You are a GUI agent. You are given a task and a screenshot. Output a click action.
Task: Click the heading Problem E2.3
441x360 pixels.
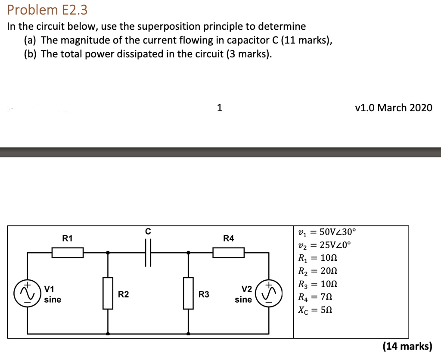pyautogui.click(x=47, y=9)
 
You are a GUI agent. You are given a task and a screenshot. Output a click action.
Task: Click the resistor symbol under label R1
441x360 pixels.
pyautogui.click(x=68, y=252)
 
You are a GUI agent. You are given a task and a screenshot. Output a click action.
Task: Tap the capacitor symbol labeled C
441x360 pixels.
pyautogui.click(x=148, y=252)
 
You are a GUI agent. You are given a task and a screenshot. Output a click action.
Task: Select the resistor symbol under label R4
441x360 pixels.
pyautogui.click(x=228, y=252)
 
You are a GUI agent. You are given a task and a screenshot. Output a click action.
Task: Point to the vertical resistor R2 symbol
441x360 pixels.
pyautogui.click(x=108, y=293)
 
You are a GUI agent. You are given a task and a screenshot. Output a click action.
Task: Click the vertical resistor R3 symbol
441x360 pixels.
pyautogui.click(x=188, y=293)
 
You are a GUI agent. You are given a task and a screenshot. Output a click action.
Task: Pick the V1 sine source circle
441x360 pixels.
pyautogui.click(x=27, y=293)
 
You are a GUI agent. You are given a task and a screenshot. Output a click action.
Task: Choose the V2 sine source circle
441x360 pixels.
pyautogui.click(x=269, y=293)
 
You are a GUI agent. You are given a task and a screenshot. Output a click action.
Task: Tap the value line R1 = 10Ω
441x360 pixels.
pyautogui.click(x=318, y=258)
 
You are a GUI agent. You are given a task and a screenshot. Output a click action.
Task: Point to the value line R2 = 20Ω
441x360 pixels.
pyautogui.click(x=318, y=271)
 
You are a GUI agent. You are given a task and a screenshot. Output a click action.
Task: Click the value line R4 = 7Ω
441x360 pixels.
pyautogui.click(x=315, y=297)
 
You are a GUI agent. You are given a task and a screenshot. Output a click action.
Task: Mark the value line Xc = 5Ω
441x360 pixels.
pyautogui.click(x=315, y=310)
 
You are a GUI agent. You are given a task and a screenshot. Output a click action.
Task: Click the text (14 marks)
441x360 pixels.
pyautogui.click(x=407, y=346)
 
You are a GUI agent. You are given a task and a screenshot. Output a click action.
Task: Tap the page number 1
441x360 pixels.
pyautogui.click(x=220, y=108)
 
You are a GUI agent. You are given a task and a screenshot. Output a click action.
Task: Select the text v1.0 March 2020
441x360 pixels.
pyautogui.click(x=393, y=108)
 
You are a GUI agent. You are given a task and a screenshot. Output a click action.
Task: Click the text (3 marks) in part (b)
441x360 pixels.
pyautogui.click(x=248, y=54)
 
